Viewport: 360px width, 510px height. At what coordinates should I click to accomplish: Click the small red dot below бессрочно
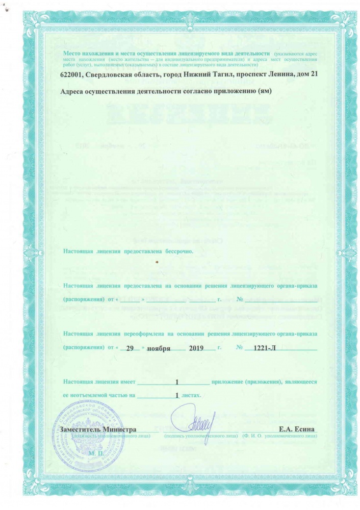[158, 262]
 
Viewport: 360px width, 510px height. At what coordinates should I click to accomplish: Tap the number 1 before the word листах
[176, 395]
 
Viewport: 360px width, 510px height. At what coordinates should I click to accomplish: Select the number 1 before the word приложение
[176, 381]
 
